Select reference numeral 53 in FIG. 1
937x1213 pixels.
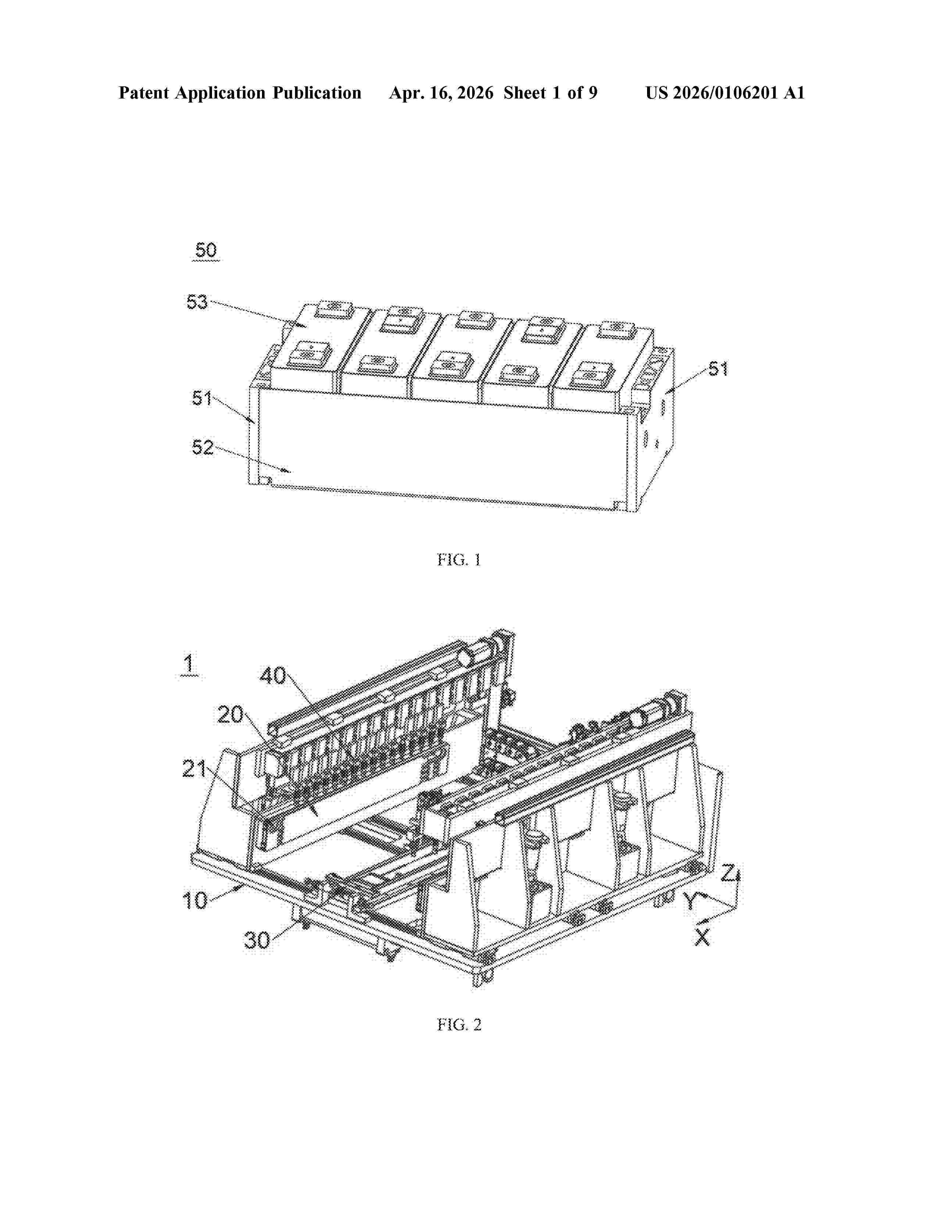(197, 302)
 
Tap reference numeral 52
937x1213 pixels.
(202, 447)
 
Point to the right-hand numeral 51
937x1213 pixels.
(718, 369)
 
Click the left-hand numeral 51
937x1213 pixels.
(202, 398)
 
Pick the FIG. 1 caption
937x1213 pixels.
(459, 560)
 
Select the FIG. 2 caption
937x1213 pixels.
(459, 1025)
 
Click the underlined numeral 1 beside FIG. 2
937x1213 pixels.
(189, 664)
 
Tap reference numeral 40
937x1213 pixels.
(273, 676)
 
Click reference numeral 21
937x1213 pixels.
(195, 769)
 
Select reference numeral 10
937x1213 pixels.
(195, 900)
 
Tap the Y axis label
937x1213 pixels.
(689, 901)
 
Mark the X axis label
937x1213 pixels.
(702, 938)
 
